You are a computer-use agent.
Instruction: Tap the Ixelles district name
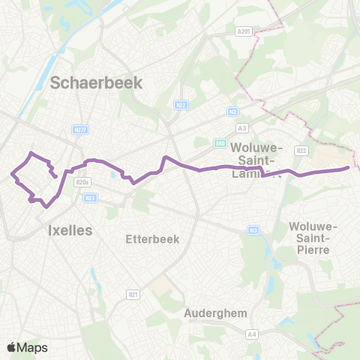point(70,229)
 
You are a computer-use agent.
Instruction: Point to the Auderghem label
point(216,313)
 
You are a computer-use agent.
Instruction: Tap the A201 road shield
point(241,31)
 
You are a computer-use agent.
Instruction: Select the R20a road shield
point(82,182)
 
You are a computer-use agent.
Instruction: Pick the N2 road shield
point(232,111)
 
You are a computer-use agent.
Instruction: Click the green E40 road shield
point(219,142)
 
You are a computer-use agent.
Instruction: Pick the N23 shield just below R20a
point(91,197)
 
